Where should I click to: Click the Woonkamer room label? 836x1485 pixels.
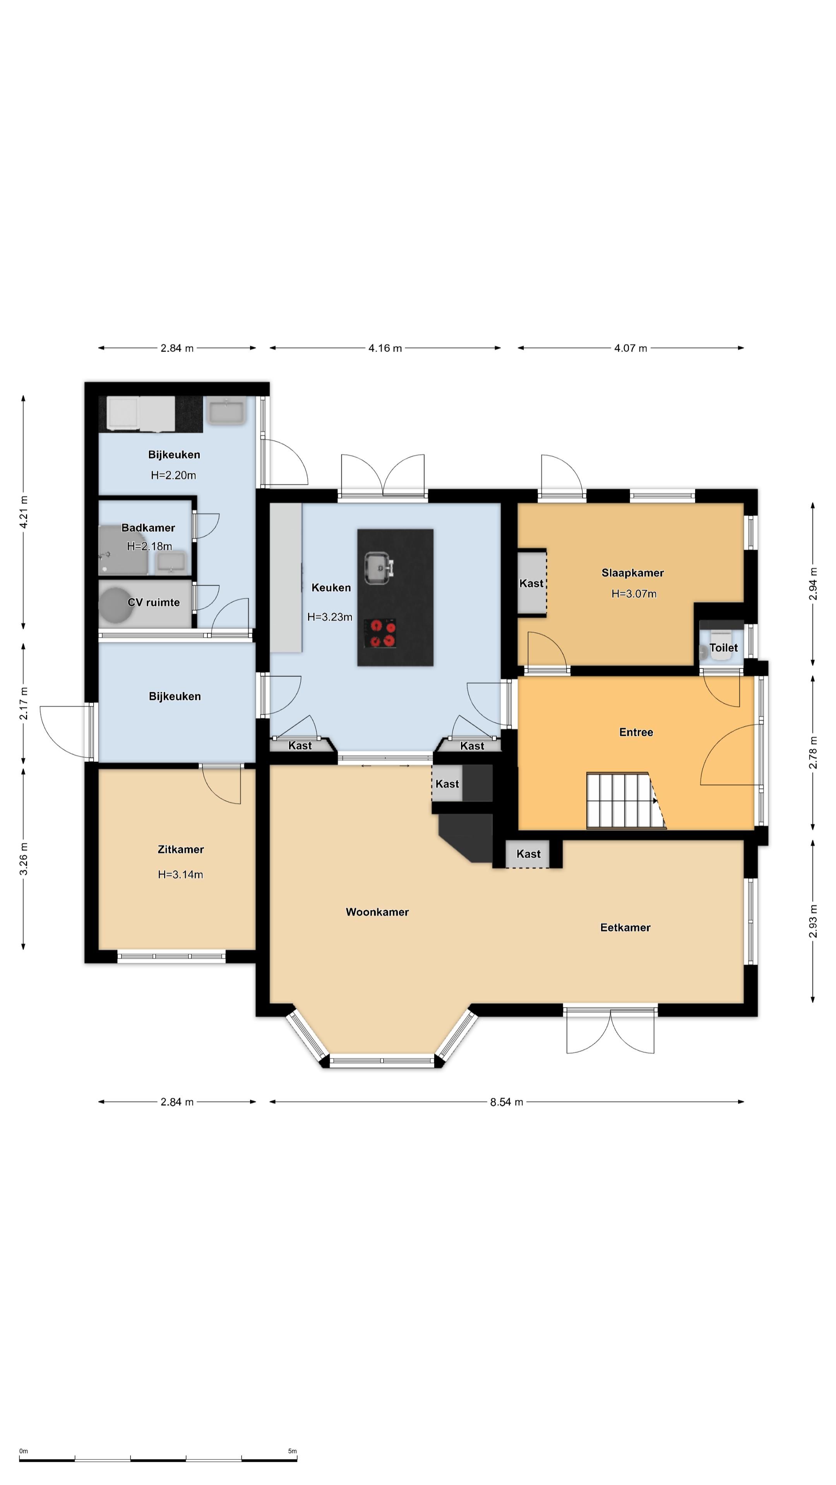[377, 912]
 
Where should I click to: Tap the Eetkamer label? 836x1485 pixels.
[625, 928]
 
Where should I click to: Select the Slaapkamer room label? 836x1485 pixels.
[632, 573]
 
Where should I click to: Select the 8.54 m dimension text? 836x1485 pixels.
[507, 1102]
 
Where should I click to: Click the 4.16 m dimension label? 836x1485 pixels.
[385, 348]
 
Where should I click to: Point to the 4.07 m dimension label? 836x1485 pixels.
[630, 348]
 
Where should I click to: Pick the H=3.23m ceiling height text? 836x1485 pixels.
[329, 617]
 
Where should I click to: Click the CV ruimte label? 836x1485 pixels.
[154, 603]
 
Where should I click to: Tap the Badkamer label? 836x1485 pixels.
[148, 527]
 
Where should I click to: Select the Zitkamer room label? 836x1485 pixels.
[181, 849]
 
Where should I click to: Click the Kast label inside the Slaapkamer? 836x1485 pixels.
[531, 584]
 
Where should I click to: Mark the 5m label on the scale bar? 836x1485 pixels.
[293, 1451]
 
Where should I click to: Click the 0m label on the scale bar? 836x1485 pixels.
[24, 1451]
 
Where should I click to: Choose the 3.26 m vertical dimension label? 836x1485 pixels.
[24, 859]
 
